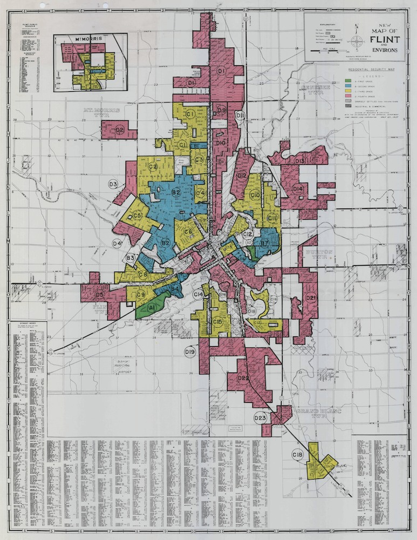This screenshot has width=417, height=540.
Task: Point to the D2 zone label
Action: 120,130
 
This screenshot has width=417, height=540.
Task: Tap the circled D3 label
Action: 113,184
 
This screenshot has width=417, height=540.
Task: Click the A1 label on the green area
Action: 152,307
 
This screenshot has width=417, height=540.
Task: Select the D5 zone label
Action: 99,295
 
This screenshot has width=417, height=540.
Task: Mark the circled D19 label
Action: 189,352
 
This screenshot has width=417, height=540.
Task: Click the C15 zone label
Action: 217,322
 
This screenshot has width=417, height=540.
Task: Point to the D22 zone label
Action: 243,378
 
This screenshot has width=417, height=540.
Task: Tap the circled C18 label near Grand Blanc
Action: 297,455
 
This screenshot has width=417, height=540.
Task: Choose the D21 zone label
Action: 311,298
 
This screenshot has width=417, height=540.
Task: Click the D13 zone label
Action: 300,161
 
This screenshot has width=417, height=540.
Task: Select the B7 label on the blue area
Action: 264,244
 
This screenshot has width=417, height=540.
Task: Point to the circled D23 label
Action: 261,418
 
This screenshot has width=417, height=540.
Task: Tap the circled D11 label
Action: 240,116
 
